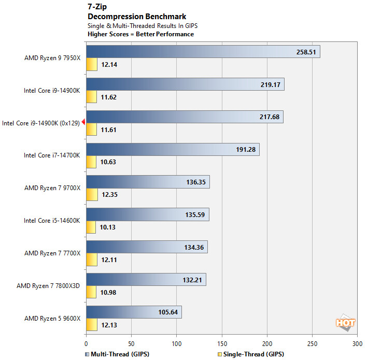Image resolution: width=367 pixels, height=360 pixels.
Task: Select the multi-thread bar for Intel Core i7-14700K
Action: [173, 150]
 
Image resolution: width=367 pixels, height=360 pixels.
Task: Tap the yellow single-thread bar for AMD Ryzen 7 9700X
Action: [92, 194]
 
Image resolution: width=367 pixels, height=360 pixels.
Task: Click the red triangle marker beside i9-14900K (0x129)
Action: [83, 122]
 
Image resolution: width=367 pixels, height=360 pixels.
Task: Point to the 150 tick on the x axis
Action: [222, 343]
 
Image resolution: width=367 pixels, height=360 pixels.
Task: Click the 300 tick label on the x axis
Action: [357, 343]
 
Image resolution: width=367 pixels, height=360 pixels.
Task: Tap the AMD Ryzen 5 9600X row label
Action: [52, 318]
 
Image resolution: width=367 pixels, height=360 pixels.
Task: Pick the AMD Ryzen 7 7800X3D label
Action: [49, 285]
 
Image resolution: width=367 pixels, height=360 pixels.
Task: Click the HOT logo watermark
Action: [345, 323]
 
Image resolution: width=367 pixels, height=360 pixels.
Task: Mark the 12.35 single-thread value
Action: [109, 194]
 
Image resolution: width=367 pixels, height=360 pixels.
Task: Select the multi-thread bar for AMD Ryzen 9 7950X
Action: [203, 52]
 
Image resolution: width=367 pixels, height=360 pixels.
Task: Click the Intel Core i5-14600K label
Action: [52, 220]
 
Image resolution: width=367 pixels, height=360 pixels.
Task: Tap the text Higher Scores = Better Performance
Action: [141, 34]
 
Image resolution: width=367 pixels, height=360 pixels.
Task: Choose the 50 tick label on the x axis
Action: [131, 343]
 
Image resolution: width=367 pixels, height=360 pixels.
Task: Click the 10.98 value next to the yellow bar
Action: [109, 293]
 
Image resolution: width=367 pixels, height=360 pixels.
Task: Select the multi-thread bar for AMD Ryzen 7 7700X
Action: [147, 247]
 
